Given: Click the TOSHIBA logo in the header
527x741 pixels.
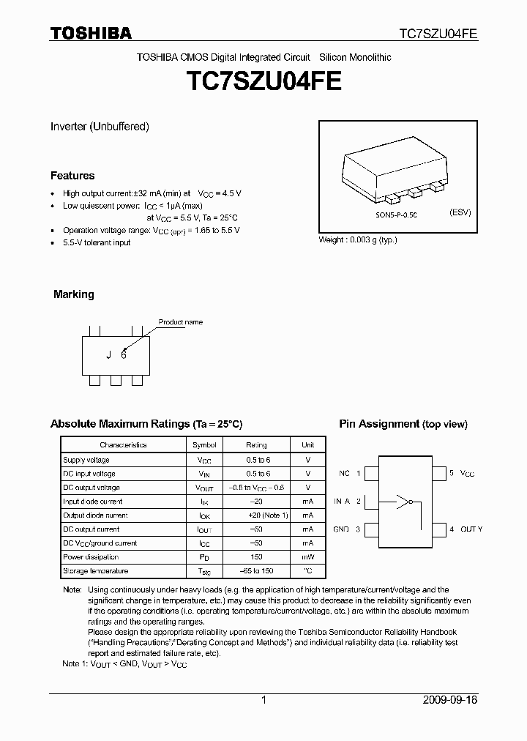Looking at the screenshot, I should click(x=91, y=33).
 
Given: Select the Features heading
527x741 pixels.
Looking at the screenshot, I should click(x=72, y=176).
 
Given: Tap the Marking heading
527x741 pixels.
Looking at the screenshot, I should click(x=74, y=294).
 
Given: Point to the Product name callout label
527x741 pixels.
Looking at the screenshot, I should click(x=181, y=322).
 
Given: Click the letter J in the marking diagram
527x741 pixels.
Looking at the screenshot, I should click(x=108, y=355).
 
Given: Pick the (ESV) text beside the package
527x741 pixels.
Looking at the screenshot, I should click(x=460, y=212).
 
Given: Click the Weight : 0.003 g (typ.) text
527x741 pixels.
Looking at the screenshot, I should click(x=358, y=240).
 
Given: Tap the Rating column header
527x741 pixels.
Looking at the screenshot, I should click(x=256, y=444).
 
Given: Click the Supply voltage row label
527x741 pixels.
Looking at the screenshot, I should click(x=86, y=460).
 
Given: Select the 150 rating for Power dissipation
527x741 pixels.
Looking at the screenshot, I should click(x=256, y=557).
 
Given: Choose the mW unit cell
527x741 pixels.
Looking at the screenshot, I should click(x=307, y=557).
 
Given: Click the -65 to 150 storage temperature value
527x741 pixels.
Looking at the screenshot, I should click(x=256, y=571).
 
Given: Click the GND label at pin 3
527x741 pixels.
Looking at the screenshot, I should click(x=341, y=529).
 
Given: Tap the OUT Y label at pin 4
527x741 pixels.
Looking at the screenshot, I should click(x=471, y=529).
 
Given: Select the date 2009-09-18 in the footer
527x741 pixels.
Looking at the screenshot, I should click(x=449, y=700).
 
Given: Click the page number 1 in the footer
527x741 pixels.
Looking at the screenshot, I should click(x=263, y=700).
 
